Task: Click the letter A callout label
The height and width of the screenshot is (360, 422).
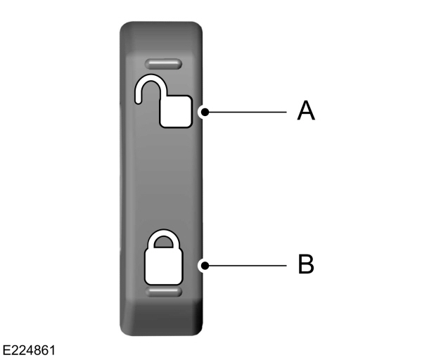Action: pos(305,110)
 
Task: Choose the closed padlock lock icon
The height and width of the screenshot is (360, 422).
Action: pos(163,256)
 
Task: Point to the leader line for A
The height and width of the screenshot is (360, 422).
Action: pos(246,111)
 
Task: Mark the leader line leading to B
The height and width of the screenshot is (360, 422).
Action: pos(246,265)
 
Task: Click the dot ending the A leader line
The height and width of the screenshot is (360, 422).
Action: pos(203,111)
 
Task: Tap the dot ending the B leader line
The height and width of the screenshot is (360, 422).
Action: pos(203,265)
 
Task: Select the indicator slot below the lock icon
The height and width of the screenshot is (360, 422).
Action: pos(163,290)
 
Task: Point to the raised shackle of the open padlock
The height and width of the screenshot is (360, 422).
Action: pos(148,88)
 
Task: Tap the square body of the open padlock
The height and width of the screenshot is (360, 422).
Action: pos(176,112)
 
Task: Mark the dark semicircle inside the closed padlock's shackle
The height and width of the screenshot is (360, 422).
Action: pos(163,243)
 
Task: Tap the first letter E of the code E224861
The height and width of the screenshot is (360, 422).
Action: pos(6,349)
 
